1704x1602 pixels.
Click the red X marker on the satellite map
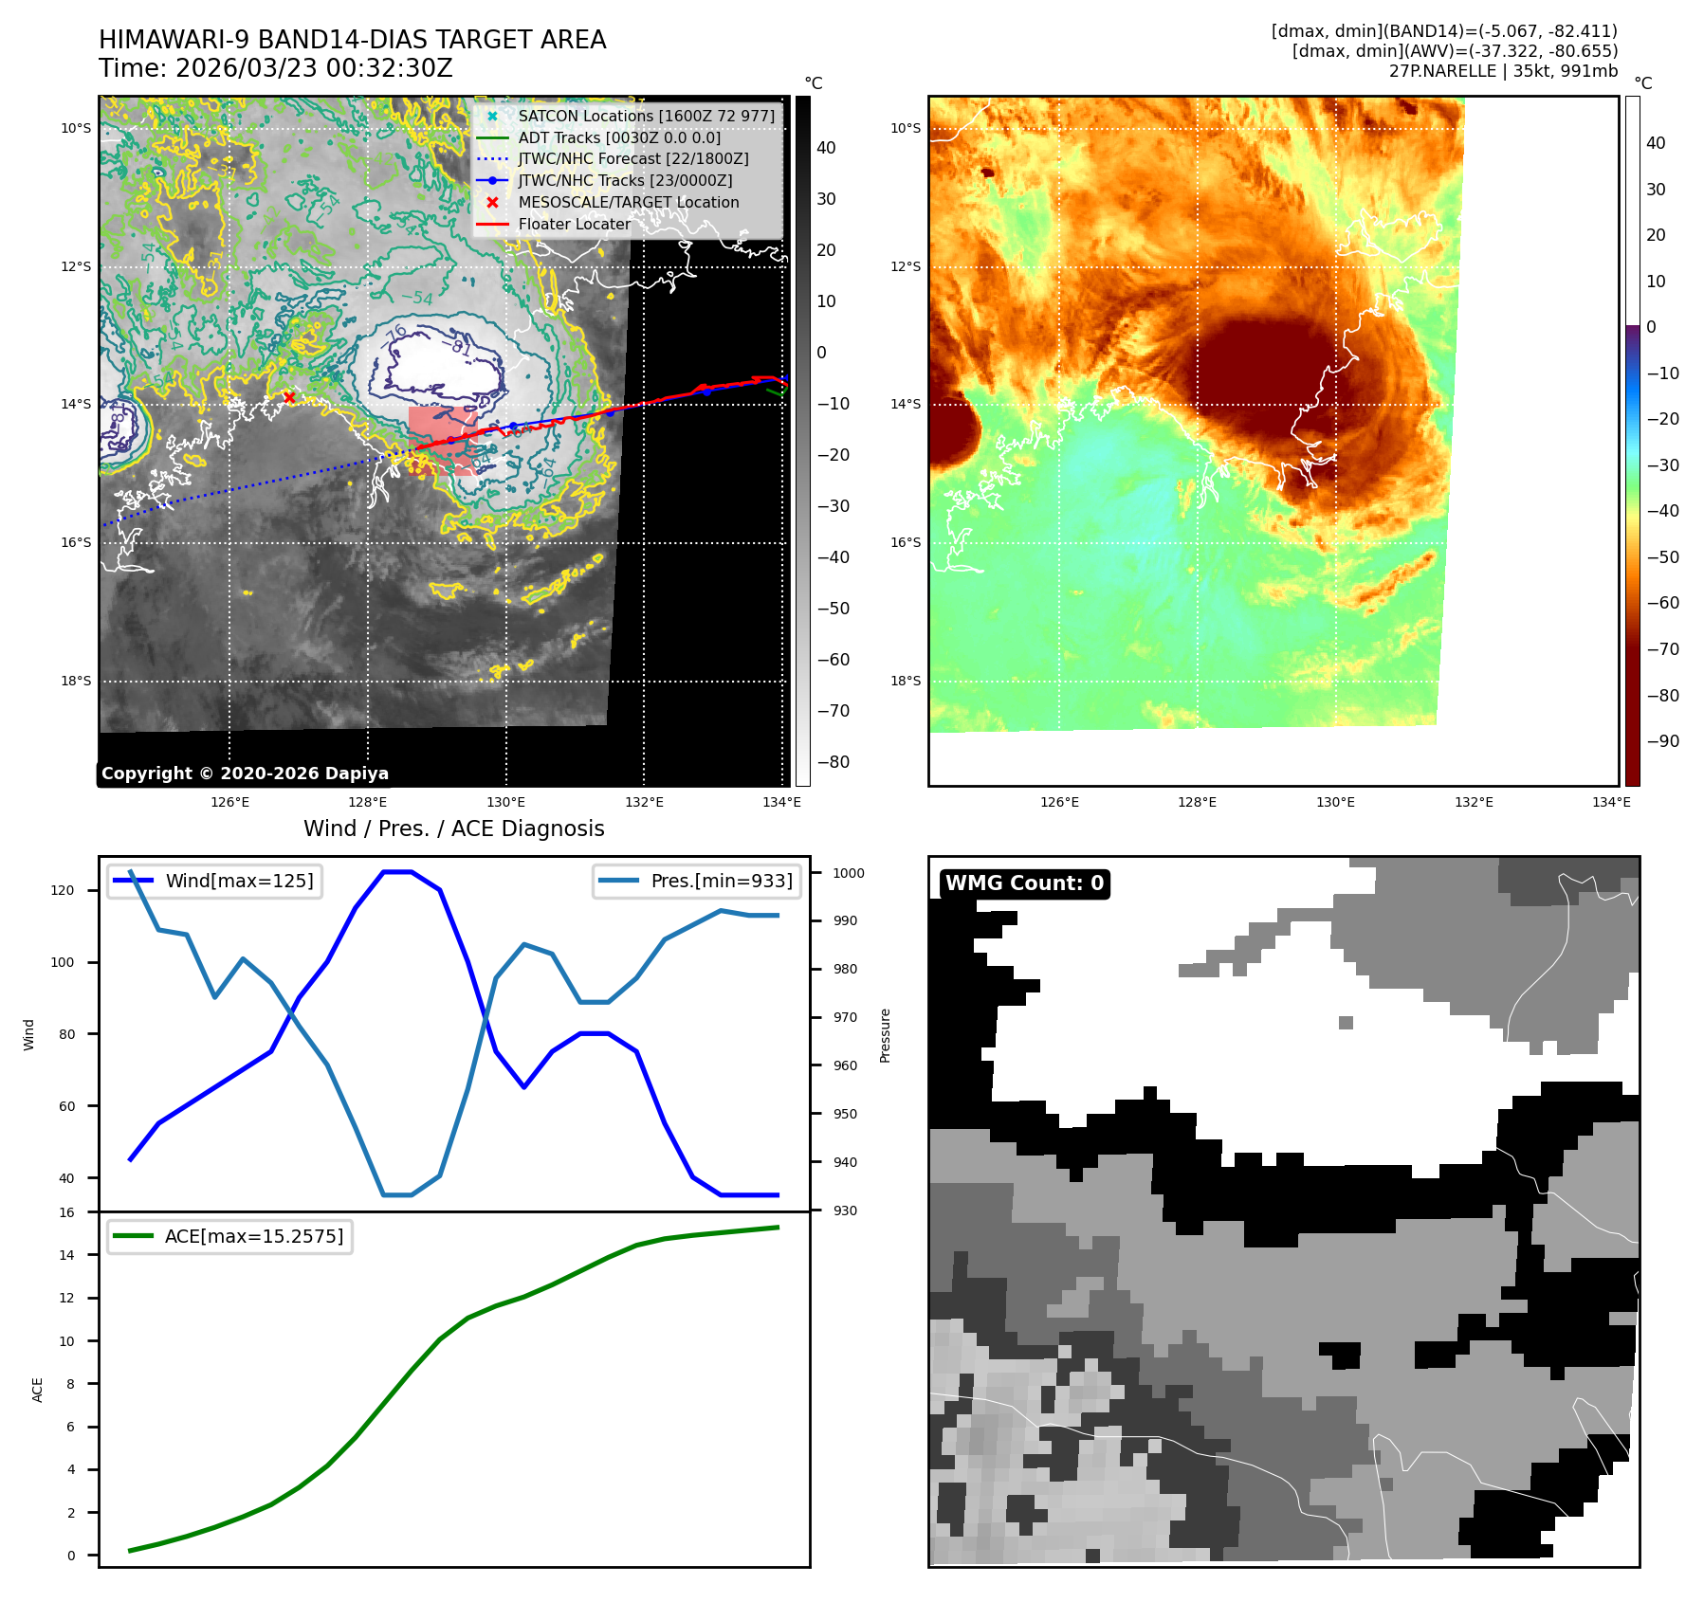coord(289,397)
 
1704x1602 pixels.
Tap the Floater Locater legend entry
coord(574,224)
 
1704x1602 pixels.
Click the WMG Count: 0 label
coord(1024,883)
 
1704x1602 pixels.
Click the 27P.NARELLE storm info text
coord(1503,71)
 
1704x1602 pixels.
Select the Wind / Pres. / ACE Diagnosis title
coord(453,828)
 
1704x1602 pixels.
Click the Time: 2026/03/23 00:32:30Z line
coord(276,69)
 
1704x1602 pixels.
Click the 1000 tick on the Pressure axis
coord(849,873)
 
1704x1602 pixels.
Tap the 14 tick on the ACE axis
coord(66,1255)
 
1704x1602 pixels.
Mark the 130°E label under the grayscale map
coord(506,803)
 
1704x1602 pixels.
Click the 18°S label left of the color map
coord(906,681)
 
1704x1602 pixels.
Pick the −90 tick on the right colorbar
coord(1662,741)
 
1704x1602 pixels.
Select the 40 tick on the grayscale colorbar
coord(826,148)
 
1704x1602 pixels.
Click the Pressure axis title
coord(885,1035)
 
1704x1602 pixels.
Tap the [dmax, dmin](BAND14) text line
coord(1444,31)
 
